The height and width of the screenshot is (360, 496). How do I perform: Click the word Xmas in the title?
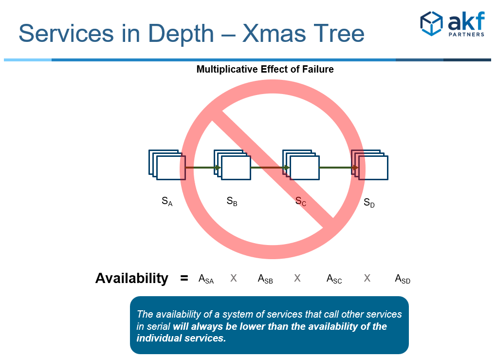click(x=274, y=33)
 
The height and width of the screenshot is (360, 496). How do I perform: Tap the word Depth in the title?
click(x=181, y=34)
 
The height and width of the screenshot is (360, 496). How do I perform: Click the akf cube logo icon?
click(x=431, y=23)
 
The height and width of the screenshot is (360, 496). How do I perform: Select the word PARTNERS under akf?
click(x=466, y=34)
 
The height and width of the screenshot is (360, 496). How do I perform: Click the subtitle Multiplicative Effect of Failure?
click(x=265, y=69)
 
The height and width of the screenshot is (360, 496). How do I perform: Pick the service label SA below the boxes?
click(x=167, y=201)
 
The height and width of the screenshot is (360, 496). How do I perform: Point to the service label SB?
click(x=232, y=201)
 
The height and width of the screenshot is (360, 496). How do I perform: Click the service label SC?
click(x=300, y=201)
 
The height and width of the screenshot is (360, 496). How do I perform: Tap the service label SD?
click(x=369, y=203)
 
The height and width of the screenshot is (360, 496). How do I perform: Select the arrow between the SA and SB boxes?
click(x=203, y=168)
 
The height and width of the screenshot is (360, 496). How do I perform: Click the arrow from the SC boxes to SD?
click(x=339, y=168)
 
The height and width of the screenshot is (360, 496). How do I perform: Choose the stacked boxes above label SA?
click(x=167, y=165)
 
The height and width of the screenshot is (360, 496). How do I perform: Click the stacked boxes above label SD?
click(x=369, y=165)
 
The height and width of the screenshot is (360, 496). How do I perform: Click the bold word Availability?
click(x=132, y=278)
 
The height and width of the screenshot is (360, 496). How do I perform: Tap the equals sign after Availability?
click(x=184, y=278)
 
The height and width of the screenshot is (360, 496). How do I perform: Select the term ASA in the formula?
click(x=206, y=279)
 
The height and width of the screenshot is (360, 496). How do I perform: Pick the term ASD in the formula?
click(x=403, y=279)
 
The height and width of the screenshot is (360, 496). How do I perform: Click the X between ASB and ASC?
click(x=297, y=278)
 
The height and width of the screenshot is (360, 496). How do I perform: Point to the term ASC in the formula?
click(x=334, y=279)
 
